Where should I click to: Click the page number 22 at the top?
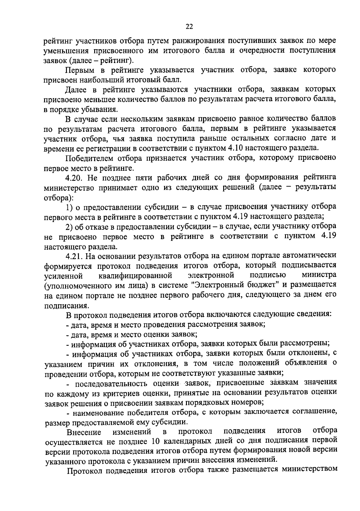tap(189, 27)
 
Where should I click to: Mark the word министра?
tap(319, 275)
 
